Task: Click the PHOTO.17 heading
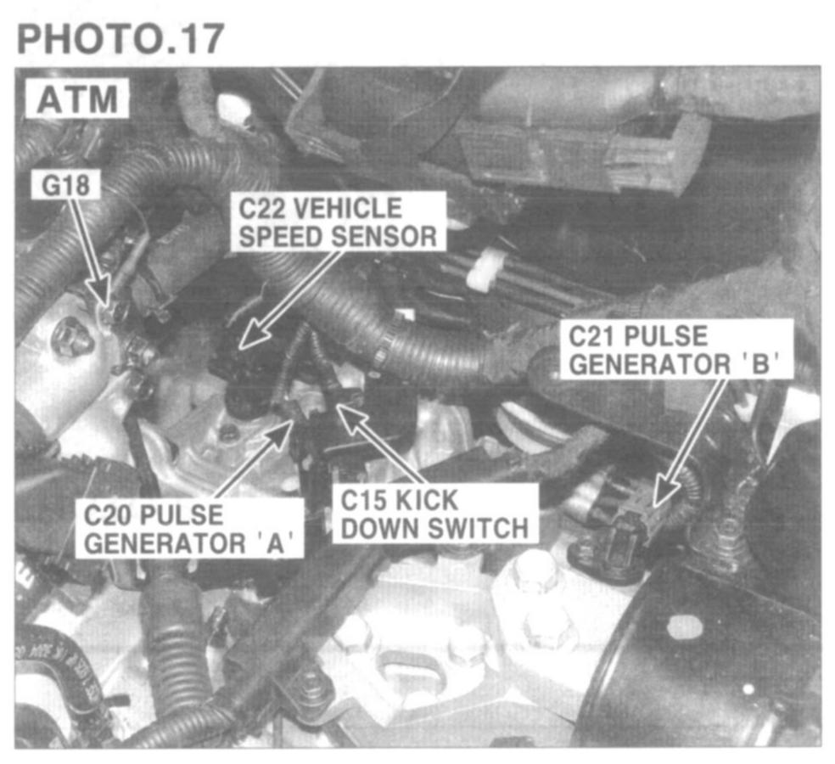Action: (120, 38)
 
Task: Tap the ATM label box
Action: (76, 98)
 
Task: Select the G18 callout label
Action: (65, 185)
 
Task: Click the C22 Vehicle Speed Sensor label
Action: (338, 222)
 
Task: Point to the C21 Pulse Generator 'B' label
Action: (675, 350)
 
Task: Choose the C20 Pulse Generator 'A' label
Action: (189, 529)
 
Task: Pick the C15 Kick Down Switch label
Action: (434, 514)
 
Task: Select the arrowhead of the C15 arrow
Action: (351, 417)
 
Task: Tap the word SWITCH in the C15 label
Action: (479, 528)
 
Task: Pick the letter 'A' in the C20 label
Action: (275, 543)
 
